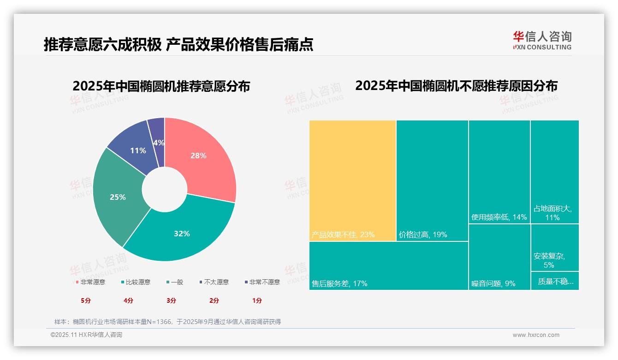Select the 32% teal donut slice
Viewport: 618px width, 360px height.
pyautogui.click(x=182, y=233)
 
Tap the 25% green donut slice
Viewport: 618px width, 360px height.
pyautogui.click(x=118, y=197)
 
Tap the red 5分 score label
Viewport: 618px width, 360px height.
pyautogui.click(x=86, y=300)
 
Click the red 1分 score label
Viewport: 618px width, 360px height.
pyautogui.click(x=257, y=300)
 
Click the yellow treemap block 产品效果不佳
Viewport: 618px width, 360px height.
pyautogui.click(x=352, y=180)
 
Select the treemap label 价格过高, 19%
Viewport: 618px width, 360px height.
pyautogui.click(x=423, y=234)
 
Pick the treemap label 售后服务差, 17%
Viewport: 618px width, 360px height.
pyautogui.click(x=339, y=283)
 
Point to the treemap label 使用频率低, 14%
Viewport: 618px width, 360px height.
pyautogui.click(x=499, y=217)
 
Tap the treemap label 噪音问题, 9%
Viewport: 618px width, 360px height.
pyautogui.click(x=493, y=283)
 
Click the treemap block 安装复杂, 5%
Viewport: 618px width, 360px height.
pyautogui.click(x=554, y=248)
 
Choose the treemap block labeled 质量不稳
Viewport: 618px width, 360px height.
pyautogui.click(x=555, y=281)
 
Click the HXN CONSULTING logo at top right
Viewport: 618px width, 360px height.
pyautogui.click(x=542, y=41)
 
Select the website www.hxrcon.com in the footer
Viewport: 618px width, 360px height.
pyautogui.click(x=536, y=335)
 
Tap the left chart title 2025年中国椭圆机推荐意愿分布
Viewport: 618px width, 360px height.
pyautogui.click(x=161, y=86)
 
